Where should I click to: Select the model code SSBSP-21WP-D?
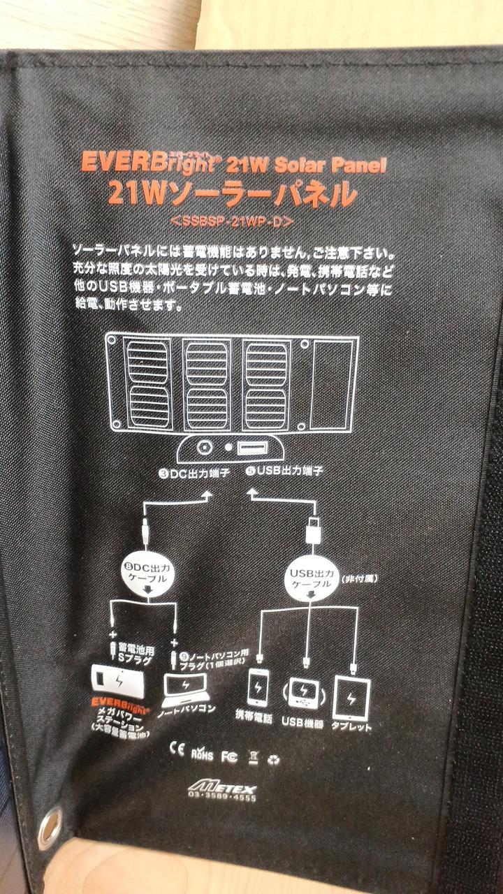click(231, 221)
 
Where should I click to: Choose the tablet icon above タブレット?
click(351, 696)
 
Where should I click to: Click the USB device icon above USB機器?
click(302, 693)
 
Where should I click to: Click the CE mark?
click(177, 750)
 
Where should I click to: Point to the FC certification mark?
click(228, 756)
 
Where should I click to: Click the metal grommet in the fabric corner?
click(50, 828)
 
